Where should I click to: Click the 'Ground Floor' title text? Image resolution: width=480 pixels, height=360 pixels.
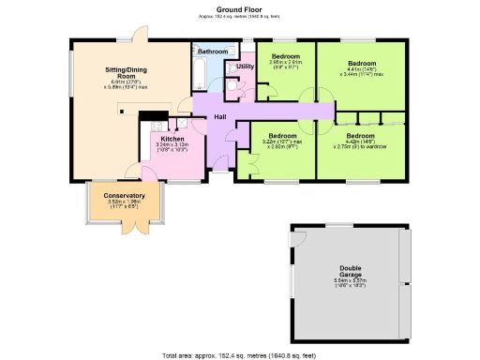239,9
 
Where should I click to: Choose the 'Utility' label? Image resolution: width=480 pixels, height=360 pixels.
246,67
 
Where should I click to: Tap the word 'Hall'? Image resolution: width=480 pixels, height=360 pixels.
220,116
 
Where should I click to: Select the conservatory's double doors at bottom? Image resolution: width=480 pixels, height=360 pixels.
141,228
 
